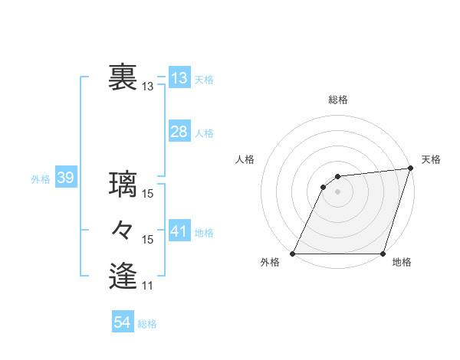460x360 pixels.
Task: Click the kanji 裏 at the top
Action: (x=123, y=77)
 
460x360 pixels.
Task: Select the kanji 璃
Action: (x=123, y=184)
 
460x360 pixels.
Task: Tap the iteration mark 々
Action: (x=123, y=230)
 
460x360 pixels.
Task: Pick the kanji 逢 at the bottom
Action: (x=123, y=275)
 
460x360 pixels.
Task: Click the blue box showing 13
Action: (x=179, y=78)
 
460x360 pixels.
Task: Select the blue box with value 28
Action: (x=179, y=132)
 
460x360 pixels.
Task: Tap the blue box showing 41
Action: (x=179, y=231)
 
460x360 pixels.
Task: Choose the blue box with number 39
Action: (x=65, y=178)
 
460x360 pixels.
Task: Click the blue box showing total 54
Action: (x=123, y=322)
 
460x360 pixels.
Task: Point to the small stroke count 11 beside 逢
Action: (x=148, y=286)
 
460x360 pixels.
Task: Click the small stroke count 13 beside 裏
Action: (x=148, y=87)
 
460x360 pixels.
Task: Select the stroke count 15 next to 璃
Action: (x=148, y=194)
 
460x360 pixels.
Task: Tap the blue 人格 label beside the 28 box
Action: (x=204, y=133)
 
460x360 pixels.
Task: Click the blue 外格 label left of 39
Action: (x=41, y=180)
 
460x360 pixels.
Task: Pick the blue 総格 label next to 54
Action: (x=147, y=324)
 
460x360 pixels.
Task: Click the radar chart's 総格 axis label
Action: (x=338, y=100)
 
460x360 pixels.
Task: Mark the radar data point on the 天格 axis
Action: (x=410, y=169)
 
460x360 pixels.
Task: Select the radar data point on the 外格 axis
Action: (x=293, y=254)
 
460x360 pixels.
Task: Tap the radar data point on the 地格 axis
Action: (x=383, y=254)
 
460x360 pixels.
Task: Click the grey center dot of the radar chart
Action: (x=338, y=191)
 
